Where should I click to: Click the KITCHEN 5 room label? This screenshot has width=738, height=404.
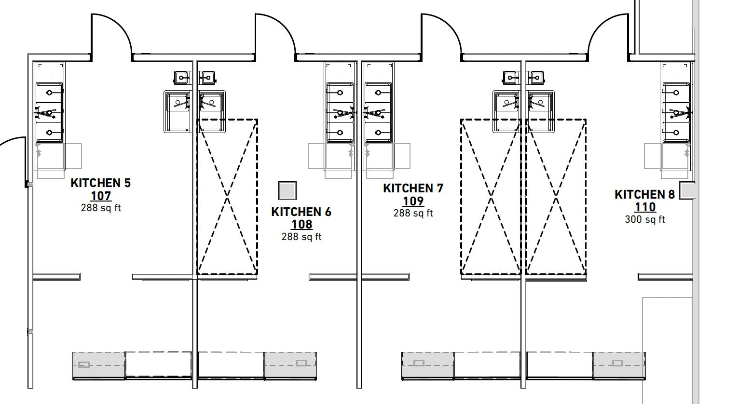pos(100,183)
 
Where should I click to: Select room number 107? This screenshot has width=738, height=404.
pos(100,196)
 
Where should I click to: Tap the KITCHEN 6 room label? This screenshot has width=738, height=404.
pos(301,212)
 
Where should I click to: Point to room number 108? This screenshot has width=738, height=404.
pos(301,225)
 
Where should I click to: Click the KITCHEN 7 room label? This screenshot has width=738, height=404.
pos(413,189)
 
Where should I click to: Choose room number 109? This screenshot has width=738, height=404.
pos(413,201)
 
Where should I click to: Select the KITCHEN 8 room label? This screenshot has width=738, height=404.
pos(644,195)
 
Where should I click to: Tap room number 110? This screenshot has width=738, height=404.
pos(645,207)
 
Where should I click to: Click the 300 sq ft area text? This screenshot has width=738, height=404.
pos(645,219)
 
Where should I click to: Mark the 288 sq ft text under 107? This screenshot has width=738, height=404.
pos(100,208)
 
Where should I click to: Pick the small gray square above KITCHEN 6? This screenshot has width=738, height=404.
pos(287,190)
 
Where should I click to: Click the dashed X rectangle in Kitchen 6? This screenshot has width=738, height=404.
pos(227,197)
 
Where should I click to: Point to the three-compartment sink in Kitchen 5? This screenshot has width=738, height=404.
pos(49,112)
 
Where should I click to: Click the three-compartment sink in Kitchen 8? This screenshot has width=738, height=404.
pos(676,112)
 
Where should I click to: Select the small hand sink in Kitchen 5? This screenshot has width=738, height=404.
pos(181,77)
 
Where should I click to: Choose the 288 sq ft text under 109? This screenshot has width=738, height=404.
pos(413,213)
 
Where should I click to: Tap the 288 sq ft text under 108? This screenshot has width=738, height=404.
pos(301,237)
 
